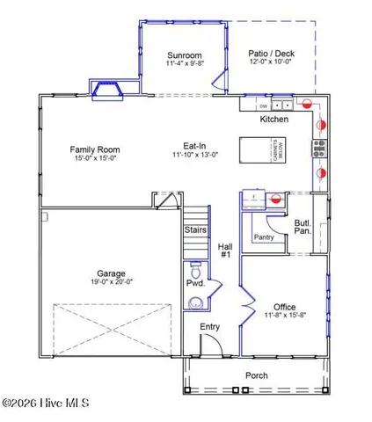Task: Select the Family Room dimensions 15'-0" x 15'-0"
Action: (94, 160)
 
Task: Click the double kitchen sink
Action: (282, 103)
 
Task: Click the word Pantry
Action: (264, 236)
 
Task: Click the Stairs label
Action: (195, 230)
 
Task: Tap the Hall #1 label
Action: (225, 251)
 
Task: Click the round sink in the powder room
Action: (196, 302)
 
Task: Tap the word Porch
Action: (257, 376)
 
